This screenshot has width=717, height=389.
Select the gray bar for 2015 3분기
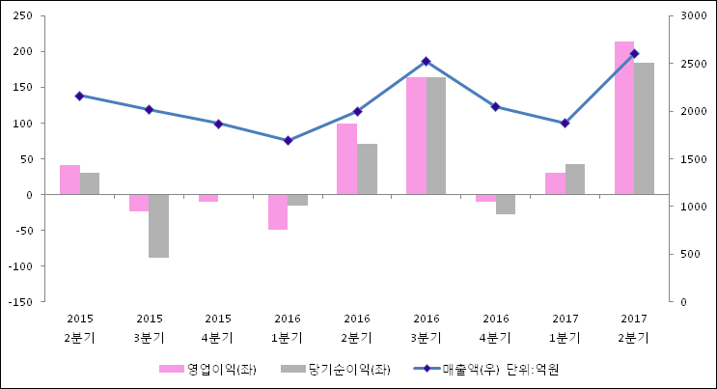click(x=158, y=226)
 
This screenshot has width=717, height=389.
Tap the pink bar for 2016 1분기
click(x=278, y=211)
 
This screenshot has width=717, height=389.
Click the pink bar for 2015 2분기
click(x=69, y=180)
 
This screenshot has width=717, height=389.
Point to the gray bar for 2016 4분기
click(x=506, y=204)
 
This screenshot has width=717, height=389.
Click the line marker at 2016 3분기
click(x=427, y=62)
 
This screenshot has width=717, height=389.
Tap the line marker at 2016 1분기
click(x=288, y=141)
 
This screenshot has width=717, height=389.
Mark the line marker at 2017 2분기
click(x=634, y=54)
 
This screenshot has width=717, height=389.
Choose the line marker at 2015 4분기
click(x=218, y=124)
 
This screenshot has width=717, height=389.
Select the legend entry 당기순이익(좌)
click(x=334, y=369)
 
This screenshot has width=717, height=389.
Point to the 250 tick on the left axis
click(x=22, y=15)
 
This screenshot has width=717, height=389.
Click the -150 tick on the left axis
click(x=19, y=301)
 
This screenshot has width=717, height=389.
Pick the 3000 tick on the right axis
click(x=693, y=15)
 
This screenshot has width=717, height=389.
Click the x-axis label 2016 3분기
click(x=427, y=328)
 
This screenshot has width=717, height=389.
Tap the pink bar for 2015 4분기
click(x=208, y=198)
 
